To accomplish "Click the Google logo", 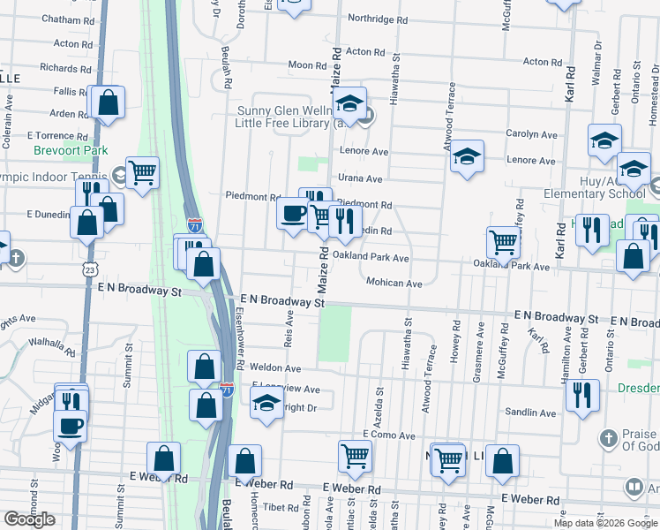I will [x=30, y=519].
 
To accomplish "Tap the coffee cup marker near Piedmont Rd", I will [x=294, y=212].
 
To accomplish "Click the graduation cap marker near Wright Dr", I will [x=266, y=404].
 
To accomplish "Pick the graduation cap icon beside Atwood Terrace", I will [x=467, y=156].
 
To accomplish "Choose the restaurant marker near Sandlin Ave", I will [x=582, y=394].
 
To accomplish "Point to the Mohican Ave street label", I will [x=394, y=284].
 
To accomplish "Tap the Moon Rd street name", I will [x=307, y=65].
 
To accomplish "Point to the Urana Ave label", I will [x=360, y=178].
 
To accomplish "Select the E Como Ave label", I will [x=388, y=435].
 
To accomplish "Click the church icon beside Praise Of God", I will [x=608, y=438].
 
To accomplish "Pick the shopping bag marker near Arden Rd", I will [x=107, y=102].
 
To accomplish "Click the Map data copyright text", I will [x=604, y=523].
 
